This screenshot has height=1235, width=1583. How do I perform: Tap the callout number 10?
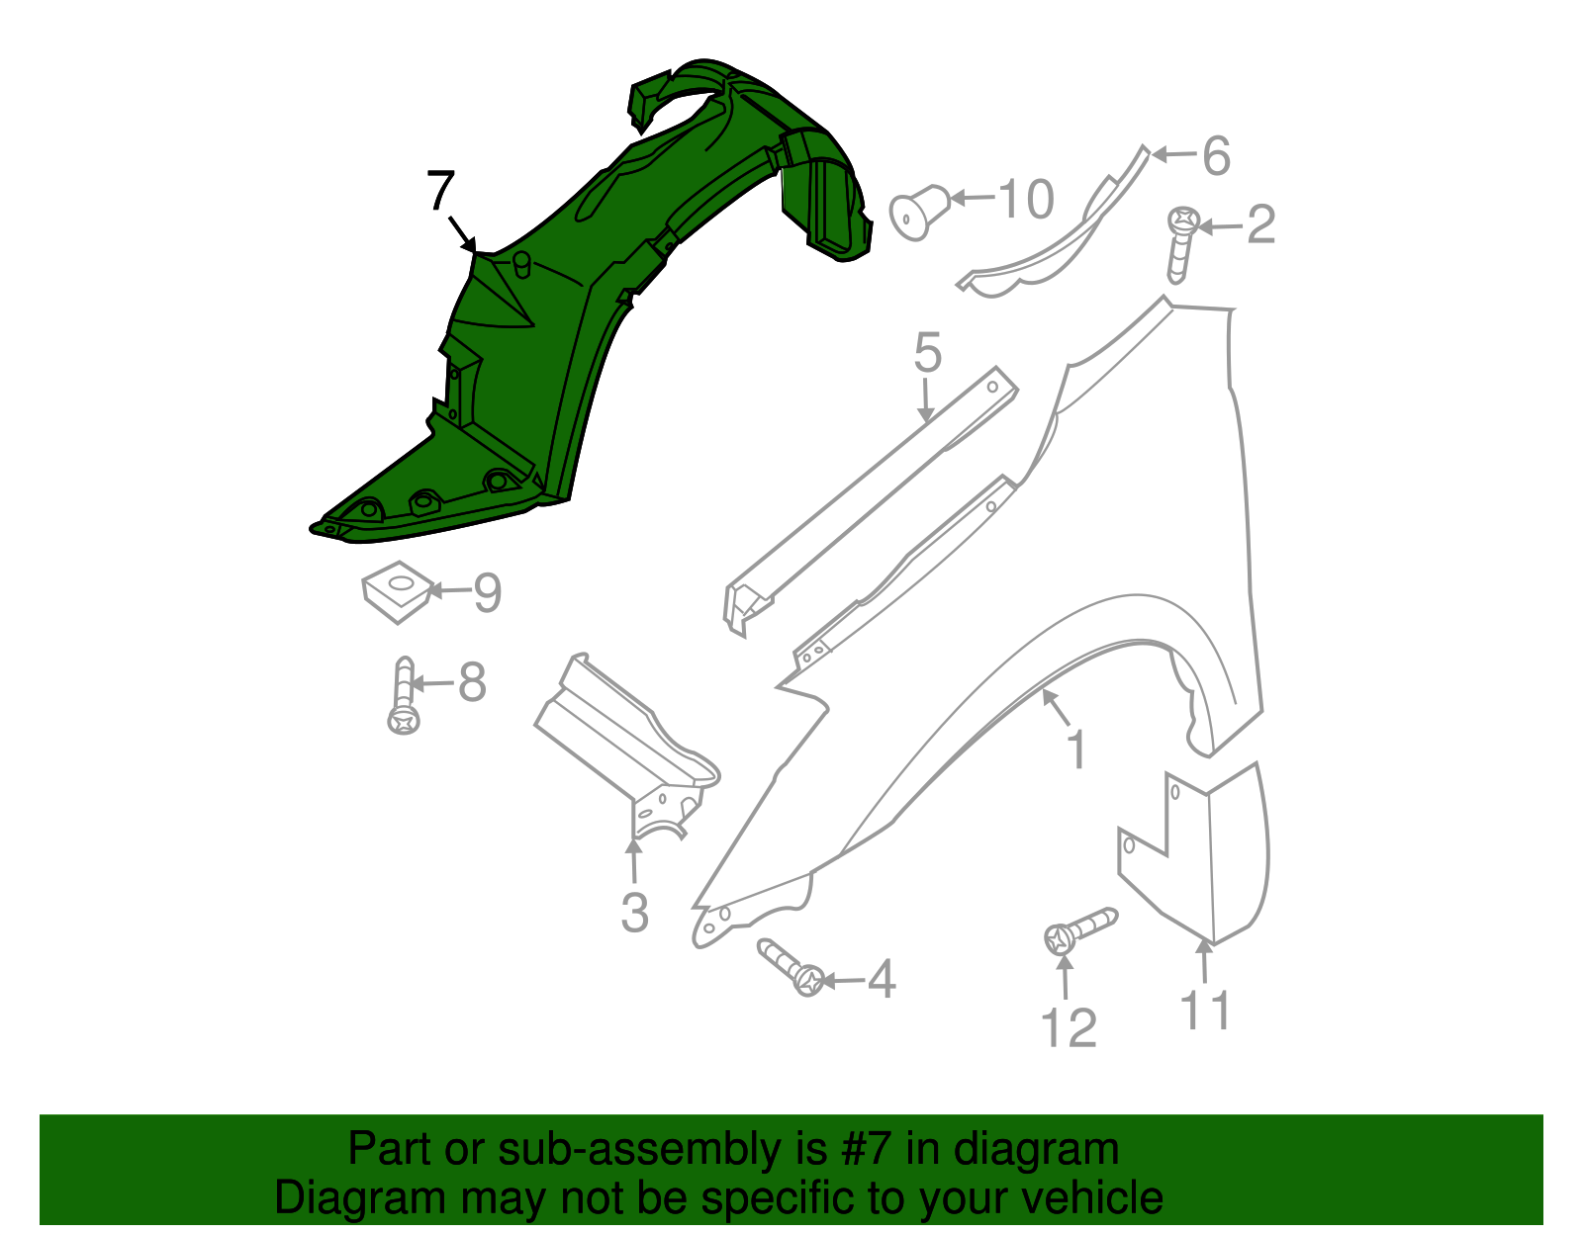pos(1025,200)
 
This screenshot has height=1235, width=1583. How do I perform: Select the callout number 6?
pos(1215,155)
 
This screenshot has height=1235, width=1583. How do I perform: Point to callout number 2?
pos(1260,225)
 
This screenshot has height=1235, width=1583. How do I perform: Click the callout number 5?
pos(927,353)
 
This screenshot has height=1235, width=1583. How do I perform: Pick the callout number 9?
pos(488,592)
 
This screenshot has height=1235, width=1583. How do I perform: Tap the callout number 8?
pos(472,682)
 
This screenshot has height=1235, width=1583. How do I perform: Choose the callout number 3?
pos(634,912)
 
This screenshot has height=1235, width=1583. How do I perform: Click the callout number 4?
pos(881,980)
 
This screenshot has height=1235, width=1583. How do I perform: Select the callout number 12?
pos(1069,1028)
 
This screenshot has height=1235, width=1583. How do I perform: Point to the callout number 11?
pos(1206,1011)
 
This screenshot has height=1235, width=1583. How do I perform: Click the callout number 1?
pos(1076,750)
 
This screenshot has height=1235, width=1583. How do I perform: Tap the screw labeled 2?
pos(1180,242)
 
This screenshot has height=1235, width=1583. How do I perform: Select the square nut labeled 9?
pos(396,590)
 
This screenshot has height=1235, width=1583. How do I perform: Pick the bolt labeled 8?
pos(404,696)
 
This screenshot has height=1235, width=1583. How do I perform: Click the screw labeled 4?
pos(792,968)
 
